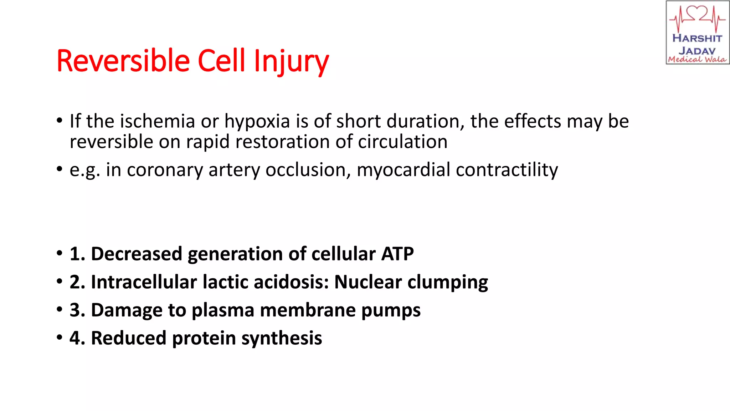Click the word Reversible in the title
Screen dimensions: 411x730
[x=123, y=61]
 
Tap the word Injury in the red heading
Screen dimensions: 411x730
[x=291, y=61]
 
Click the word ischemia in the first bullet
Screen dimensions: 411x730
[x=158, y=121]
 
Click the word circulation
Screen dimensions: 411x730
[x=402, y=142]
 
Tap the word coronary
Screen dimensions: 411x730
[x=165, y=170]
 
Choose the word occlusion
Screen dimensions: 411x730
[x=308, y=170]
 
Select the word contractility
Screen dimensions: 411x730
[x=507, y=170]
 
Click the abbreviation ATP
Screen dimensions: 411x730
[x=397, y=254]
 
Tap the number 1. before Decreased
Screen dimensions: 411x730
[x=77, y=254]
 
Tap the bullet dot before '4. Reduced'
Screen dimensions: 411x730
[x=59, y=338]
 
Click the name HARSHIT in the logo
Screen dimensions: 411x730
[x=697, y=38]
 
